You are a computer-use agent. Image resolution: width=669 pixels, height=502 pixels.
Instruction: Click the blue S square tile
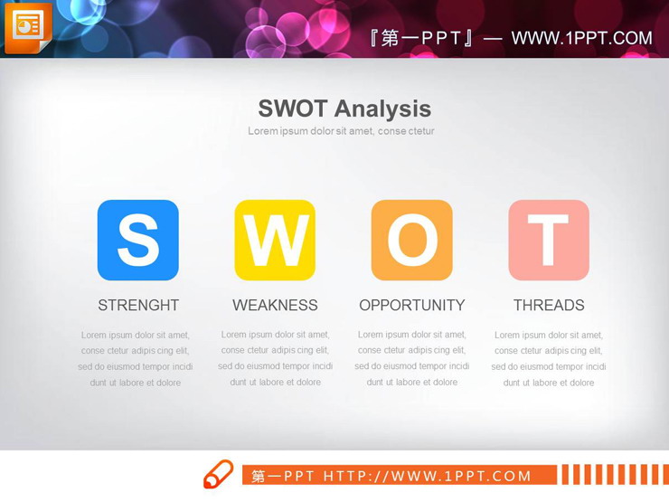click(x=138, y=240)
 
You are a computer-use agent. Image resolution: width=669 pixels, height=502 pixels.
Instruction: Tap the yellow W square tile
click(x=275, y=240)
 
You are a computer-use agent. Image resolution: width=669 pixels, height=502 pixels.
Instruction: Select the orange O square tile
click(x=412, y=240)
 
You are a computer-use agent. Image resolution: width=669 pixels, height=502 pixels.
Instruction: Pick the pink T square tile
click(x=549, y=240)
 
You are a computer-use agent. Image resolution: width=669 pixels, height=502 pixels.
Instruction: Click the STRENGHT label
click(x=138, y=306)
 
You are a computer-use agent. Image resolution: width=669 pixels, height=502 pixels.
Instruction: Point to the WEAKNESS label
click(x=275, y=306)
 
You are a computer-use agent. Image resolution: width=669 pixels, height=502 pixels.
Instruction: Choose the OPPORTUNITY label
click(x=412, y=306)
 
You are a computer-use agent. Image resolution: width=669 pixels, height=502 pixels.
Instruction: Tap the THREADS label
click(x=549, y=306)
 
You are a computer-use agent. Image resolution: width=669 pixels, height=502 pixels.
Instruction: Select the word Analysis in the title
click(x=384, y=109)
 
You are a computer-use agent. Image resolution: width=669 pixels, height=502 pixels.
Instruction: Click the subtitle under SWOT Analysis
click(x=341, y=131)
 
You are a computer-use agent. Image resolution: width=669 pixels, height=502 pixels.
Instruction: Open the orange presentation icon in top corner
click(x=27, y=26)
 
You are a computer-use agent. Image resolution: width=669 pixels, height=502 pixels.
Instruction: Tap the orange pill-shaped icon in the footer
click(x=218, y=474)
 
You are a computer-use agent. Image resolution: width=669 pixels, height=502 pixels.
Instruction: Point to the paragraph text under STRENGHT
click(x=136, y=358)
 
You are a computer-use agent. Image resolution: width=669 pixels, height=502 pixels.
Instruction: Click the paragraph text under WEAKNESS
click(x=276, y=358)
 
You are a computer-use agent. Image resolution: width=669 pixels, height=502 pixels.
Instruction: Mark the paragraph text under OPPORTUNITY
click(x=412, y=358)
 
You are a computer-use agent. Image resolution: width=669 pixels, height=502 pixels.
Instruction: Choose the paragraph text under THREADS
click(x=549, y=358)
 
